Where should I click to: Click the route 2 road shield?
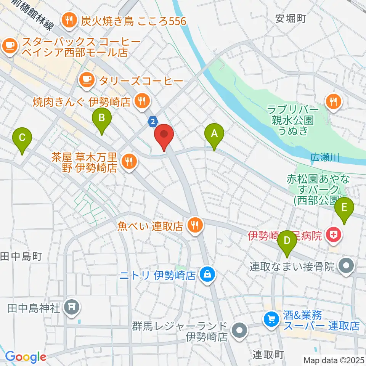click(153, 122)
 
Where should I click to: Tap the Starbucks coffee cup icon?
click(9, 46)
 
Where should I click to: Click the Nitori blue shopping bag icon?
click(207, 274)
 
